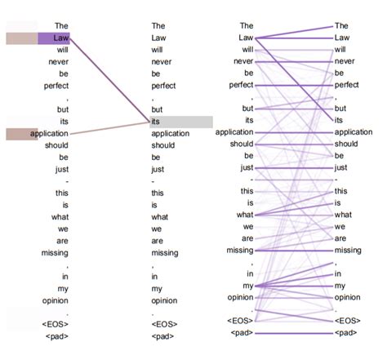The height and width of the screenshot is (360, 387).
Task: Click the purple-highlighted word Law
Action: point(60,38)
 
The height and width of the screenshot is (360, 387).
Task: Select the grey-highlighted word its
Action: point(156,121)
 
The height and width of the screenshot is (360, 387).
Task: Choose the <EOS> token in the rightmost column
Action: point(348,321)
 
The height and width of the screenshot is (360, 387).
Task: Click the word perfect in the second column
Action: point(164,86)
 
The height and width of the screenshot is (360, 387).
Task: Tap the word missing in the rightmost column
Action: point(348,250)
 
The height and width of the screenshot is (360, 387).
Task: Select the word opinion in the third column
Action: point(241,298)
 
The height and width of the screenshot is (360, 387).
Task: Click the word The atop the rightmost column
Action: point(341,26)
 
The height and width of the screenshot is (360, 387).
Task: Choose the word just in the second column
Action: point(158,168)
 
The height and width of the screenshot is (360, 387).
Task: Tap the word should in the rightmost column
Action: point(347,144)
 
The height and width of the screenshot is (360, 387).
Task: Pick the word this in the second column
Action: point(158,192)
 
